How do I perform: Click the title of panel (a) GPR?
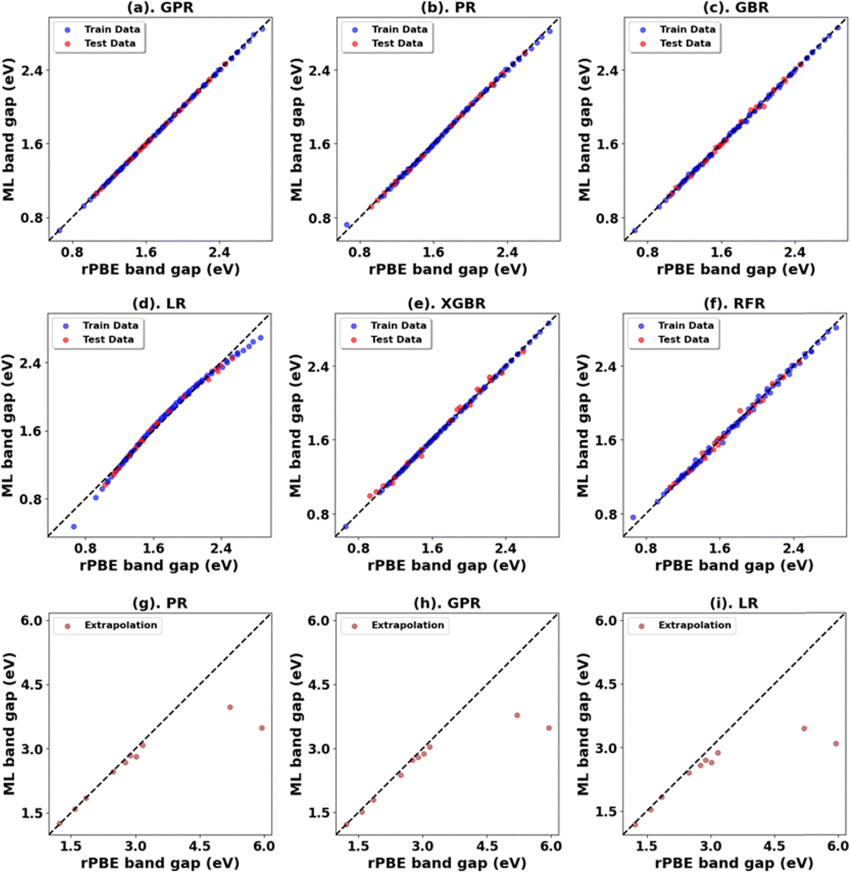coord(161,7)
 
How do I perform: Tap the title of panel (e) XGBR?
coord(447,304)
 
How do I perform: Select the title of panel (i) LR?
coord(734,603)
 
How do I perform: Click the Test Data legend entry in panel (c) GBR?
coord(685,44)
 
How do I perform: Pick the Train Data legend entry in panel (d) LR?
coord(110,326)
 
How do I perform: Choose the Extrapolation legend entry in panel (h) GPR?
coord(407,625)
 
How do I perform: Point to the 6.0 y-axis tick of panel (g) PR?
coord(32,620)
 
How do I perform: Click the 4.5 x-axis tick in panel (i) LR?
coord(774,846)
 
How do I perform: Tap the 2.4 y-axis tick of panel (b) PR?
coord(319,70)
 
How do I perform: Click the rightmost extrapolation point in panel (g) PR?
coord(262,728)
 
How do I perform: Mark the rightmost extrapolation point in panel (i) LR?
coord(836,743)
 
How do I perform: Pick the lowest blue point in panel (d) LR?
coord(74,526)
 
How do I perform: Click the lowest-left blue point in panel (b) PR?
coord(347,225)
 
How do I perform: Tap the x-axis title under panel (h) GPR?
coord(447,863)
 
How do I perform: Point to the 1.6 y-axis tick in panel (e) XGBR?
coord(318,440)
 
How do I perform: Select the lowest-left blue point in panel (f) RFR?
coord(633,517)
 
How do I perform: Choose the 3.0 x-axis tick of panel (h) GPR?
coord(422,846)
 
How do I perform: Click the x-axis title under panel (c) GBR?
coord(735,269)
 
